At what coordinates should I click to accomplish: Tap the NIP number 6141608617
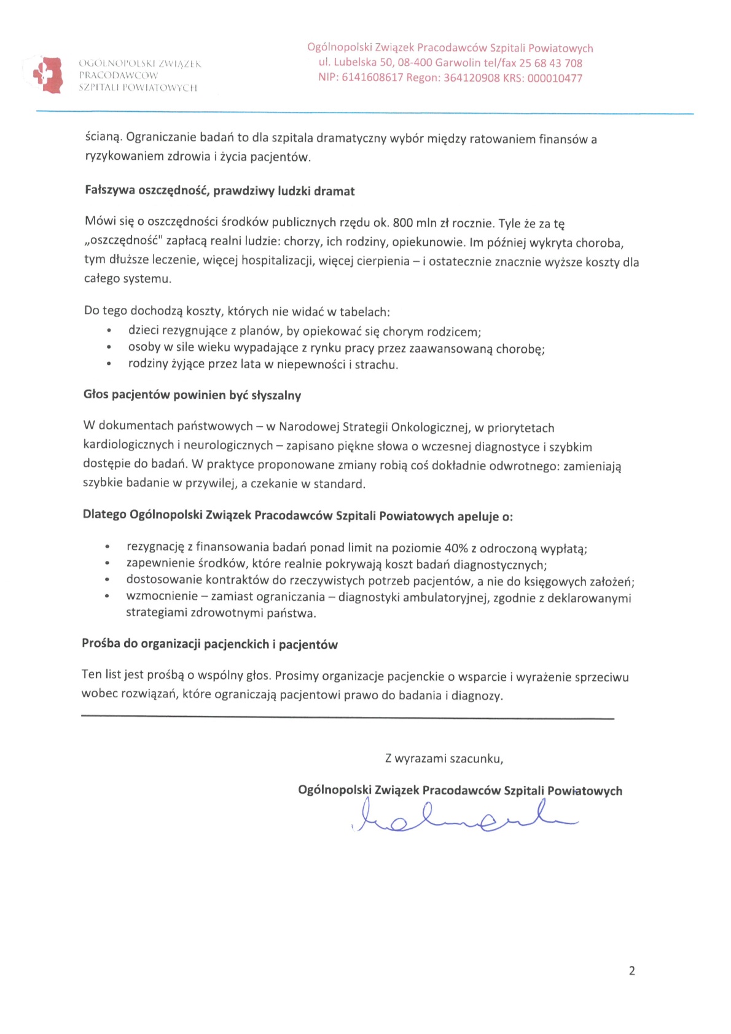372,78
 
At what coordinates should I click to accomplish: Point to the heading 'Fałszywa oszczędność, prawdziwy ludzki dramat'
219,191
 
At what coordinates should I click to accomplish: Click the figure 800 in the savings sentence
403,223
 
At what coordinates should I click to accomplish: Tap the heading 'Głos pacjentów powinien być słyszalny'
192,395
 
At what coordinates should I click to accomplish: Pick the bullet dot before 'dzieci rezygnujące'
109,332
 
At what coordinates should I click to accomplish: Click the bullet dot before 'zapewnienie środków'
107,564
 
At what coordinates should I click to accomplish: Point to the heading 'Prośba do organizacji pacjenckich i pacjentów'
209,644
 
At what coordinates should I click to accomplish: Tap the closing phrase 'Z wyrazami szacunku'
444,759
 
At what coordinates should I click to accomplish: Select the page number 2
632,971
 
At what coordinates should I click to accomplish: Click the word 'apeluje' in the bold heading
478,516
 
